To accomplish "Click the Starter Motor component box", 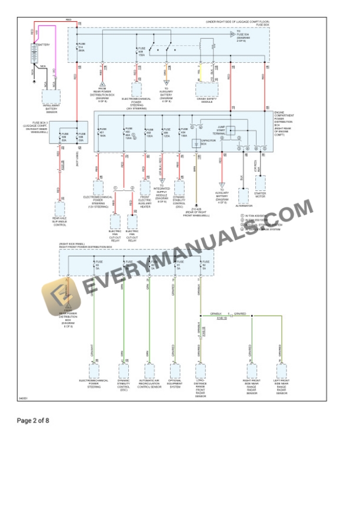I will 260,184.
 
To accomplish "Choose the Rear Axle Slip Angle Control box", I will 60,209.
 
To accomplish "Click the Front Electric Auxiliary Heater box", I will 145,187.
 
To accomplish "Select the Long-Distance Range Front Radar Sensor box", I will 201,371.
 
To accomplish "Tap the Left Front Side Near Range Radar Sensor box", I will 281,371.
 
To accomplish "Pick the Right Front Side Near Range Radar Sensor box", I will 251,371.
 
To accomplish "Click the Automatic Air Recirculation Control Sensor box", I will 149,371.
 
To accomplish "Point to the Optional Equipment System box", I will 175,371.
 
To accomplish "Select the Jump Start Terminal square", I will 231,131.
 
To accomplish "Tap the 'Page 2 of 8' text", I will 33,421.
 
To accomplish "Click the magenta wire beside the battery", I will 55,53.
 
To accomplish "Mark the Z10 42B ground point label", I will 196,209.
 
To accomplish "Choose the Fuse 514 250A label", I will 82,47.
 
